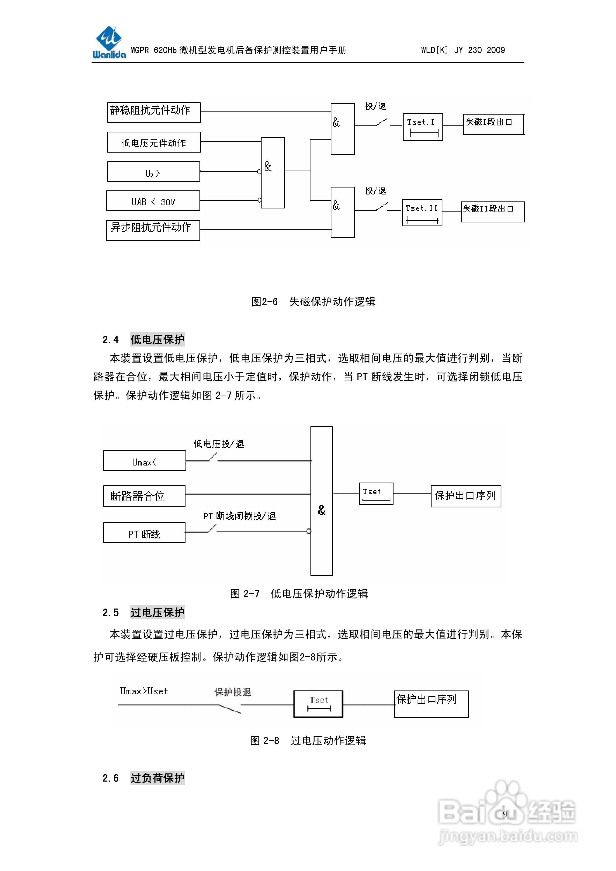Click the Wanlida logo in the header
tap(109, 42)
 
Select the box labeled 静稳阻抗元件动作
tap(154, 112)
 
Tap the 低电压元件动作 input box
tap(154, 142)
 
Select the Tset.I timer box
tap(422, 127)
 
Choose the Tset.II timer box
tap(422, 212)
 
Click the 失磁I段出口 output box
tap(493, 124)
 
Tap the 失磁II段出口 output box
tap(492, 212)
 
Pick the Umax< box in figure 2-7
tap(145, 461)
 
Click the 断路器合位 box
tap(144, 495)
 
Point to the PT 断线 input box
tap(144, 533)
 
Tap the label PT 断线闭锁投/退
tap(240, 516)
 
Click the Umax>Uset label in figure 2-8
tap(144, 691)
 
